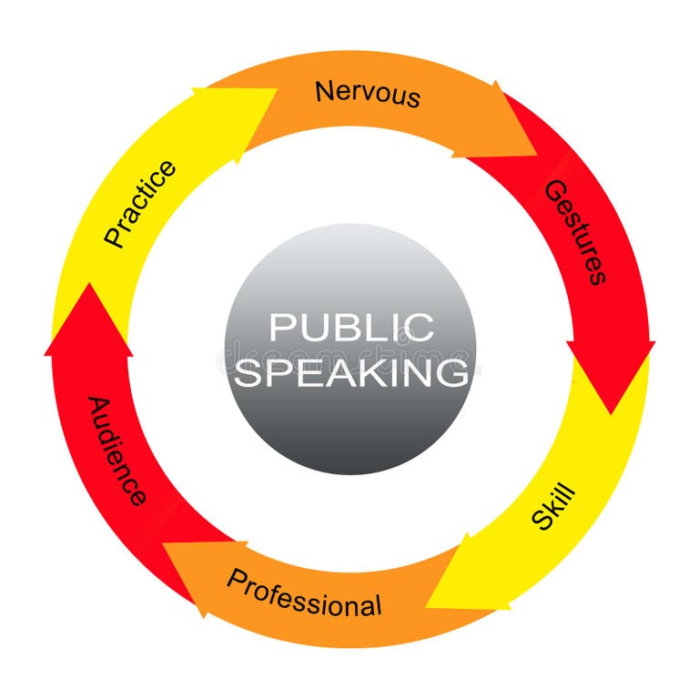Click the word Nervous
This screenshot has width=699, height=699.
click(368, 93)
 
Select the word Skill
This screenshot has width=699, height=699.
click(553, 508)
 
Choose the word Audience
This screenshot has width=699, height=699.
click(116, 450)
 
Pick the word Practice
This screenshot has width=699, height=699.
click(139, 203)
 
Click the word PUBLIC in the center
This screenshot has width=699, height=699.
click(350, 327)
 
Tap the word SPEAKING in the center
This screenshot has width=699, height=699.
click(350, 371)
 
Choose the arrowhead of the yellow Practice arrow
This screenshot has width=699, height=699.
click(273, 91)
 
